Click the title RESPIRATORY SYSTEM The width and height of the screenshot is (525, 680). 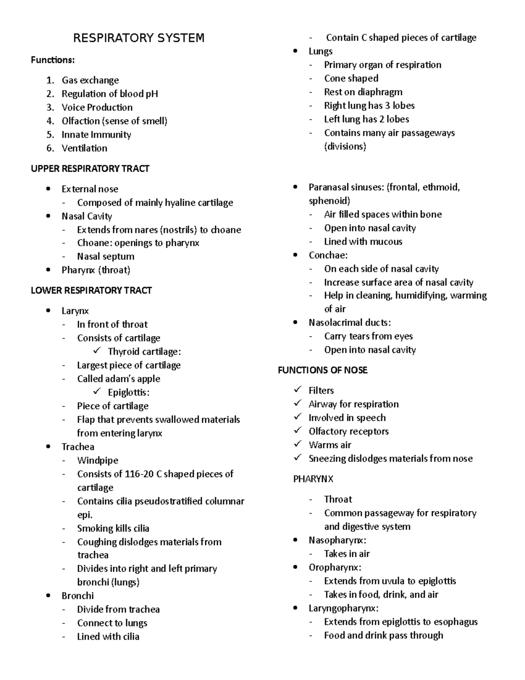(139, 38)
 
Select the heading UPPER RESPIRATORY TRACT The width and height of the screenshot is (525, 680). (90, 169)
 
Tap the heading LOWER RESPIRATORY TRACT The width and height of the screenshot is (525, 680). (91, 290)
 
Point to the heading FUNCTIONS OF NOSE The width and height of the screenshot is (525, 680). (322, 370)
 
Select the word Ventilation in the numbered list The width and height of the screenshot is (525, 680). (84, 148)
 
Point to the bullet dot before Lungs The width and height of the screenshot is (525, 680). (296, 51)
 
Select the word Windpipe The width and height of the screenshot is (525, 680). (98, 460)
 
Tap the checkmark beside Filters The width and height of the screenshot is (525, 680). (297, 389)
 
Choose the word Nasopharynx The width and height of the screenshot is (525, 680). (336, 540)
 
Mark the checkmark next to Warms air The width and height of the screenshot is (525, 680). (297, 444)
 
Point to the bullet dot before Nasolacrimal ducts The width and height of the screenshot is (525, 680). (296, 323)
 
